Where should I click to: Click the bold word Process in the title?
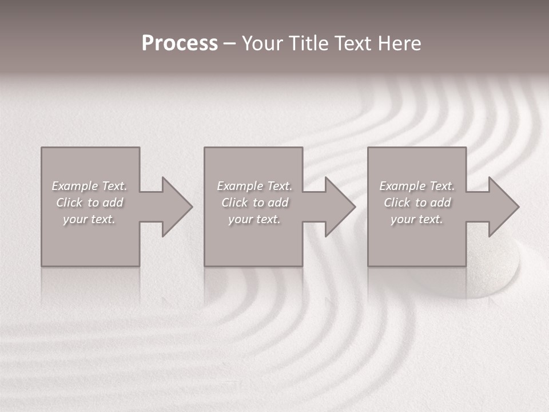pos(180,43)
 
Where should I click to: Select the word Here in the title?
pos(400,43)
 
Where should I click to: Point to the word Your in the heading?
pos(264,43)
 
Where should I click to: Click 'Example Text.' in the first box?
pos(90,186)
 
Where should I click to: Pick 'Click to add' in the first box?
pos(90,203)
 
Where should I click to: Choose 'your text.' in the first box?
pos(90,219)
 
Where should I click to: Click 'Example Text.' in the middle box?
pos(254,186)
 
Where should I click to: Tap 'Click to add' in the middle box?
pos(254,203)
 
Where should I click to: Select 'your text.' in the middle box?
pos(254,219)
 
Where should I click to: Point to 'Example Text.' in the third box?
pos(417,186)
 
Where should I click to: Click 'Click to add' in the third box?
pos(417,203)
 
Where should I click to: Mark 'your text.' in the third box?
pos(417,219)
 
